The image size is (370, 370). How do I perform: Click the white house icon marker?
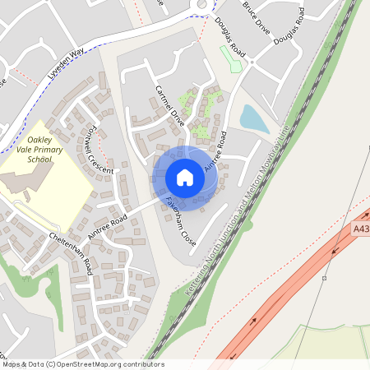point(185,178)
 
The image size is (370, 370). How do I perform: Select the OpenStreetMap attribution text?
point(82,363)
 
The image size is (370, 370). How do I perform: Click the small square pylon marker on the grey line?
point(325,278)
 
